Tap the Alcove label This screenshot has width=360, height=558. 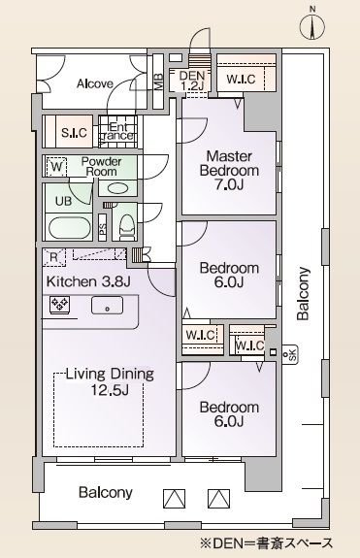(95, 83)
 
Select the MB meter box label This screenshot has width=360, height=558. (159, 82)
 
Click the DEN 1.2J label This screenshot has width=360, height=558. (192, 81)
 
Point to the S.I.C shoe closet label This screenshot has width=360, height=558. (74, 133)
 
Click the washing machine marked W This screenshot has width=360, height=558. (56, 167)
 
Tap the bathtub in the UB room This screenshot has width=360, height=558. (68, 228)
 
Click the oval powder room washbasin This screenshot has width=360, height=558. (117, 188)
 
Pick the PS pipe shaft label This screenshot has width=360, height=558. (103, 228)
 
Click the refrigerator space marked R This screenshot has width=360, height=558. (53, 257)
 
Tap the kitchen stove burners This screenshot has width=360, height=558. (60, 305)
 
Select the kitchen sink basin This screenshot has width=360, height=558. (107, 306)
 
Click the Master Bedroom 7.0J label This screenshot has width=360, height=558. (229, 170)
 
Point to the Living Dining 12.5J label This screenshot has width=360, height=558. (110, 381)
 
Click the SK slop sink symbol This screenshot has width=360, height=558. (290, 355)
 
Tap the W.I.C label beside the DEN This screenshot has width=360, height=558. (242, 79)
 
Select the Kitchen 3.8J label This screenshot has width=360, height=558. (88, 281)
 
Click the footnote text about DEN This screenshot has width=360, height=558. (267, 543)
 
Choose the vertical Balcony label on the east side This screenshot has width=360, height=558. (304, 293)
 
